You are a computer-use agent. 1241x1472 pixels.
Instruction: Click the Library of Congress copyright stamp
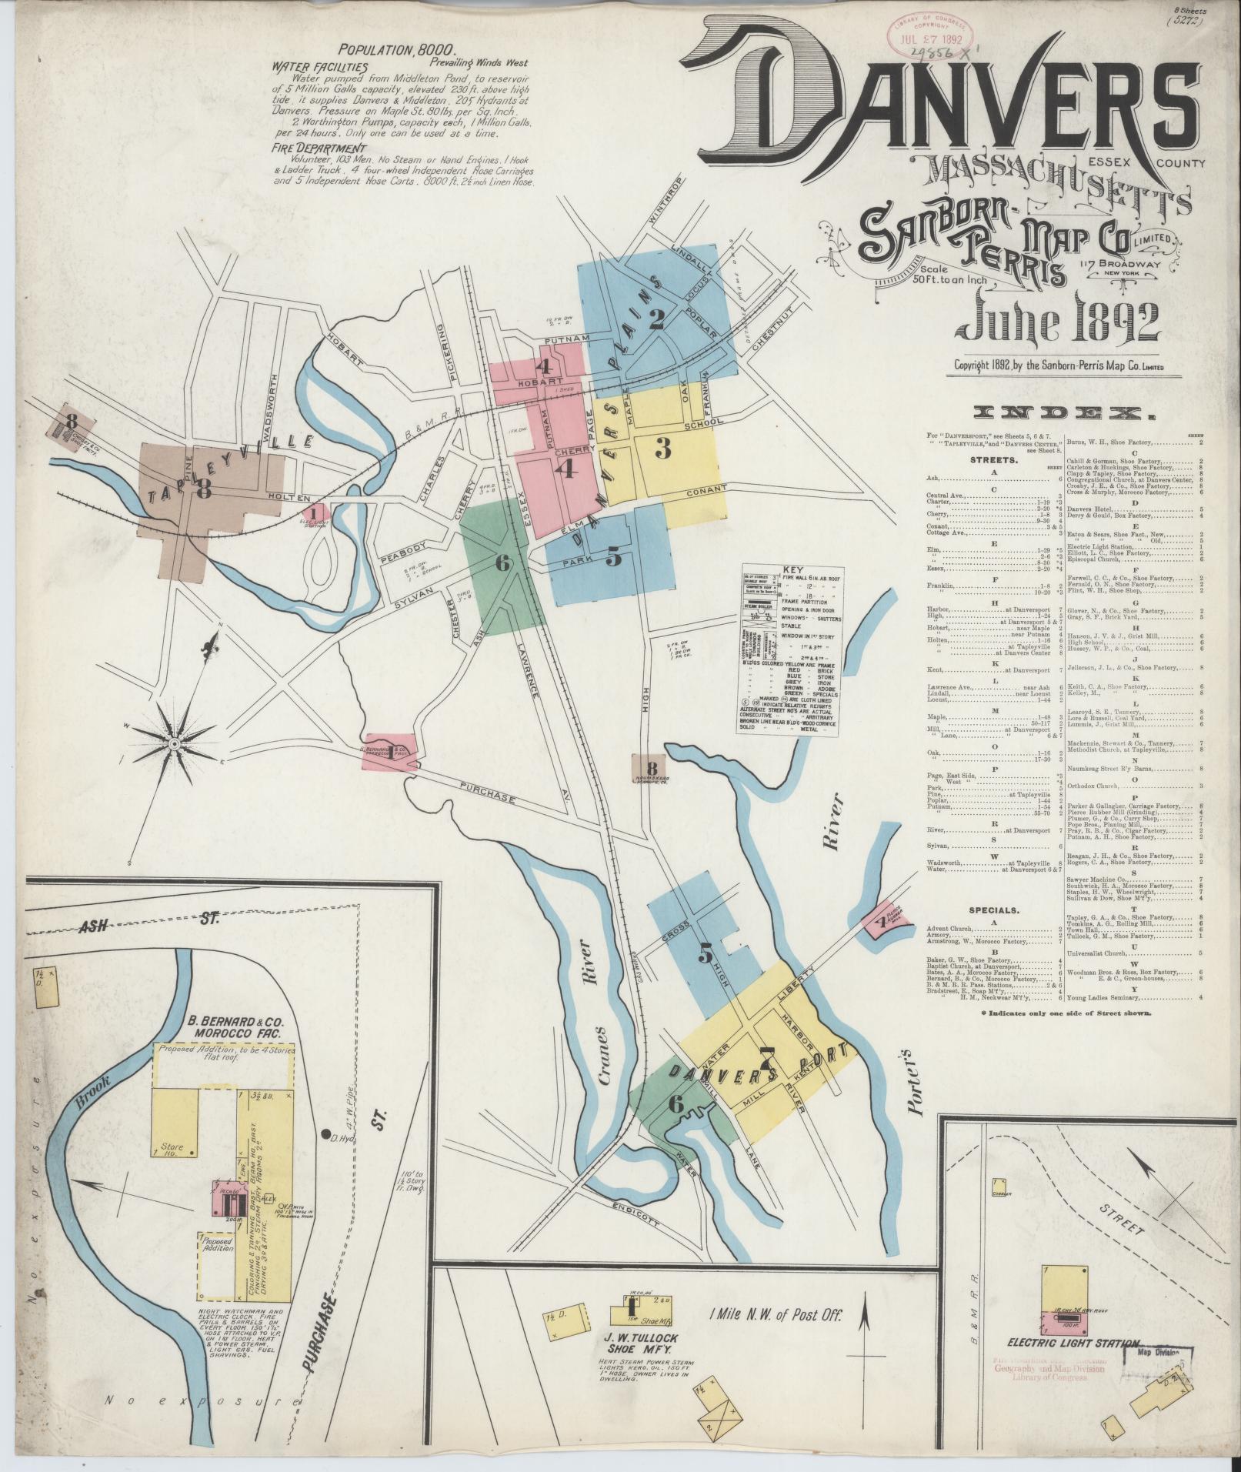pos(933,37)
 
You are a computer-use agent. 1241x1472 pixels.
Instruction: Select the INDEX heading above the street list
pos(1064,415)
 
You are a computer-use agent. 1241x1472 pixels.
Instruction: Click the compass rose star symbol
pos(174,745)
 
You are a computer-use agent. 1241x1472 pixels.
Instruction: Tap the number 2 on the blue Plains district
pos(656,319)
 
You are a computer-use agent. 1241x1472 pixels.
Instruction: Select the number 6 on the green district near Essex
pos(502,564)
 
